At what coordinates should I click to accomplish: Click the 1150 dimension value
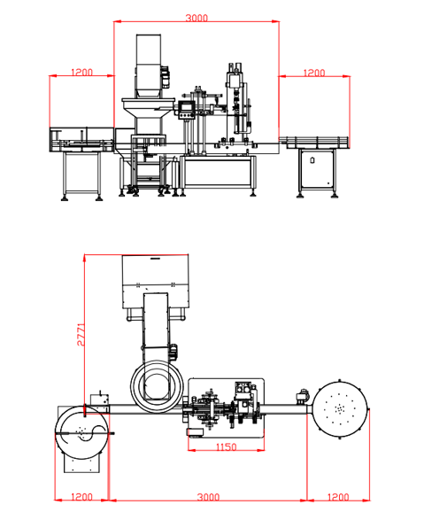click(224, 448)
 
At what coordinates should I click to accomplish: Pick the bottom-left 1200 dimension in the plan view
click(81, 498)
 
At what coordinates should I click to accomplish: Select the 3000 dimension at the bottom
click(208, 498)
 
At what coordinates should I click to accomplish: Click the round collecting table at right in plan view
click(341, 408)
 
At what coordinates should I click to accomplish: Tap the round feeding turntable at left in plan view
click(81, 431)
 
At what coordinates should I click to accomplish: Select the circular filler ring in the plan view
click(158, 384)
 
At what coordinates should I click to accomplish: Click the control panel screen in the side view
click(186, 110)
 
